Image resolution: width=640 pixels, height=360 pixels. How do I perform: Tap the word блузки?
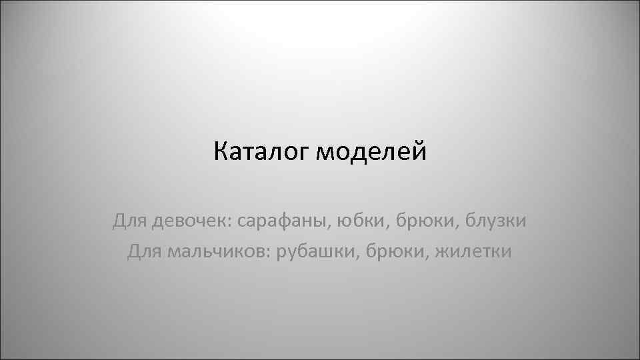pos(493,219)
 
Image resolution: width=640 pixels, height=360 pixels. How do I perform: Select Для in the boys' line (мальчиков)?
pos(143,251)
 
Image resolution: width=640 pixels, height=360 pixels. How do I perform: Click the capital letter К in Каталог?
pos(221,153)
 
